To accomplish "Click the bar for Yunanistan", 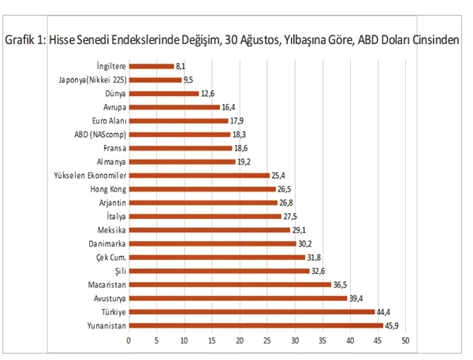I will (x=255, y=325).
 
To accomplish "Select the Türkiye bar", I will (x=251, y=312).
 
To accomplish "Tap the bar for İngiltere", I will (x=151, y=67).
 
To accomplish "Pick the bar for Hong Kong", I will (x=202, y=189).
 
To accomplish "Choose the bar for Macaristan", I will (x=229, y=284).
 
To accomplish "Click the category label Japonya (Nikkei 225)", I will (x=91, y=80).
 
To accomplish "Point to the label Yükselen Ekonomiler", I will (x=86, y=175).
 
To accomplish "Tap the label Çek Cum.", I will (x=110, y=258).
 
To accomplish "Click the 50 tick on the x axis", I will (x=405, y=340).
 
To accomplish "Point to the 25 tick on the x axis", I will (x=267, y=340).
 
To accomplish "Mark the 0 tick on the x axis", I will (x=128, y=340).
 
